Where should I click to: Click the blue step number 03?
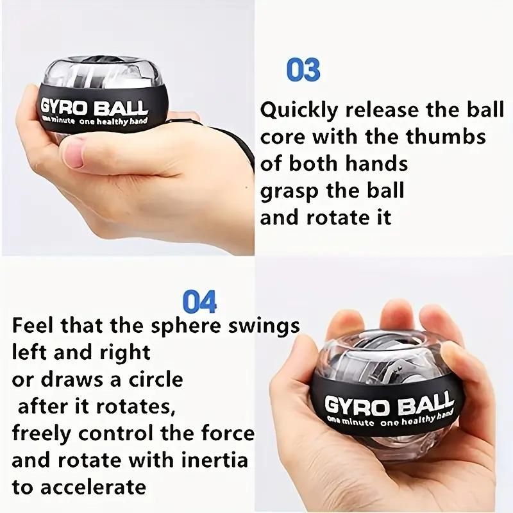click(303, 71)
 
